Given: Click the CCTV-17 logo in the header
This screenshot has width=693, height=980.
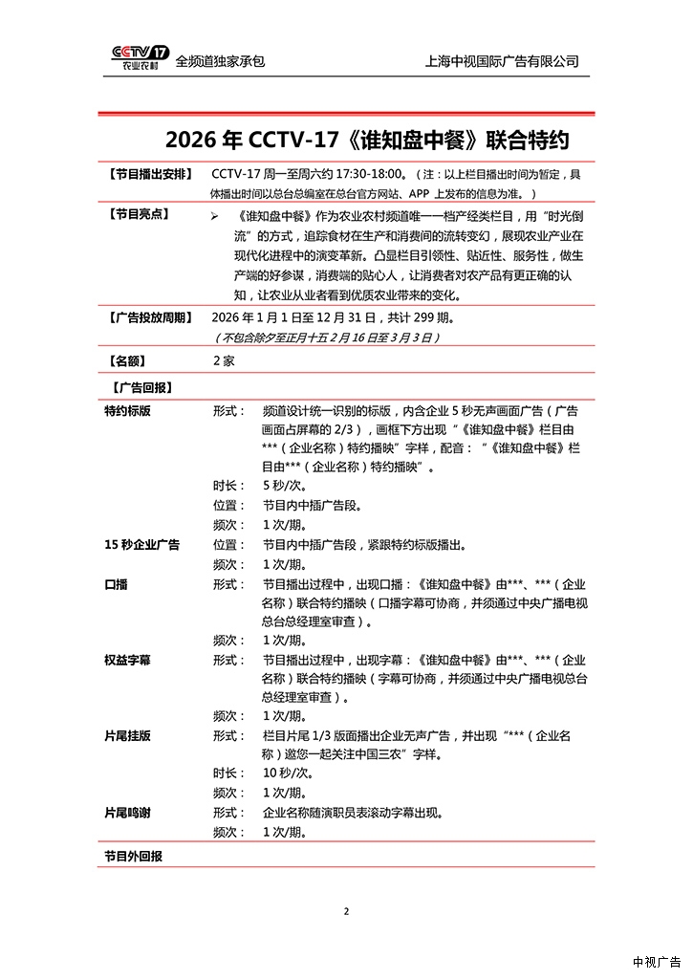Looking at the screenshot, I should coord(141,58).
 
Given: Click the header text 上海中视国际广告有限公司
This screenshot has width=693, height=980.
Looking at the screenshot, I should coord(502,61).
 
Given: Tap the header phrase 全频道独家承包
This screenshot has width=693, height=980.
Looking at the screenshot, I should coord(220,61).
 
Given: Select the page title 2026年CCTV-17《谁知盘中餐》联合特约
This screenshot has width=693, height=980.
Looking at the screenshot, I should coord(367,141).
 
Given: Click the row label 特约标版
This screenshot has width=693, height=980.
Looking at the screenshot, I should coord(127,410).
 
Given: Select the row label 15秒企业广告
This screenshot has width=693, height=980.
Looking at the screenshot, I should coord(141,544).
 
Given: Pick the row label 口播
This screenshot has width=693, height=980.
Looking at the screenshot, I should coord(116,583).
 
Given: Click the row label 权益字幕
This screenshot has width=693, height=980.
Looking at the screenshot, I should coord(127,660).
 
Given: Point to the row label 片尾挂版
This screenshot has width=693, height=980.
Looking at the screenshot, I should coord(127,736).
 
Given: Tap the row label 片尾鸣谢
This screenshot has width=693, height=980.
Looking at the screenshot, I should coord(127,813).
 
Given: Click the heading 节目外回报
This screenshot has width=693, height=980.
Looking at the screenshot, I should coord(133,856).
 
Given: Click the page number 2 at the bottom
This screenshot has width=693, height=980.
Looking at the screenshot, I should coord(346,911).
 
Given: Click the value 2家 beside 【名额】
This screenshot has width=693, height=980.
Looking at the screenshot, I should coord(224,361).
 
